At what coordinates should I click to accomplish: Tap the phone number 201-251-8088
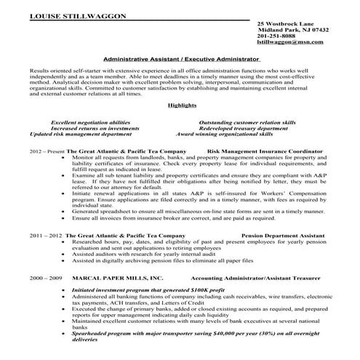click(x=277, y=36)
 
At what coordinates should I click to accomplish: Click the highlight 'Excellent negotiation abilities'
click(x=92, y=122)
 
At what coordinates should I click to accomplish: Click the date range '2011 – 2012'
click(x=46, y=237)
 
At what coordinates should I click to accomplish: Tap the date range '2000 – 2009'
click(x=46, y=279)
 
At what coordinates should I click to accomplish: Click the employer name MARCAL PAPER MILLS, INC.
click(x=115, y=279)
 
